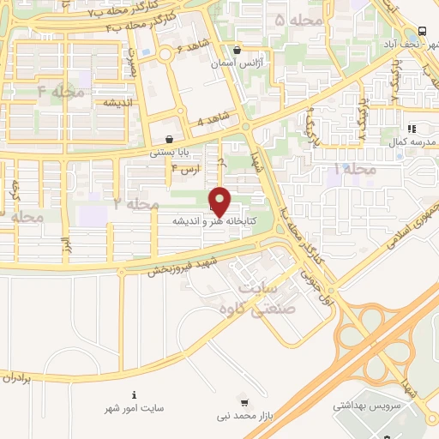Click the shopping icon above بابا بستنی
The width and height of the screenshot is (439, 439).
tap(169, 138)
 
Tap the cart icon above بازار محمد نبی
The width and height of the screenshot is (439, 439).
tap(244, 401)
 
